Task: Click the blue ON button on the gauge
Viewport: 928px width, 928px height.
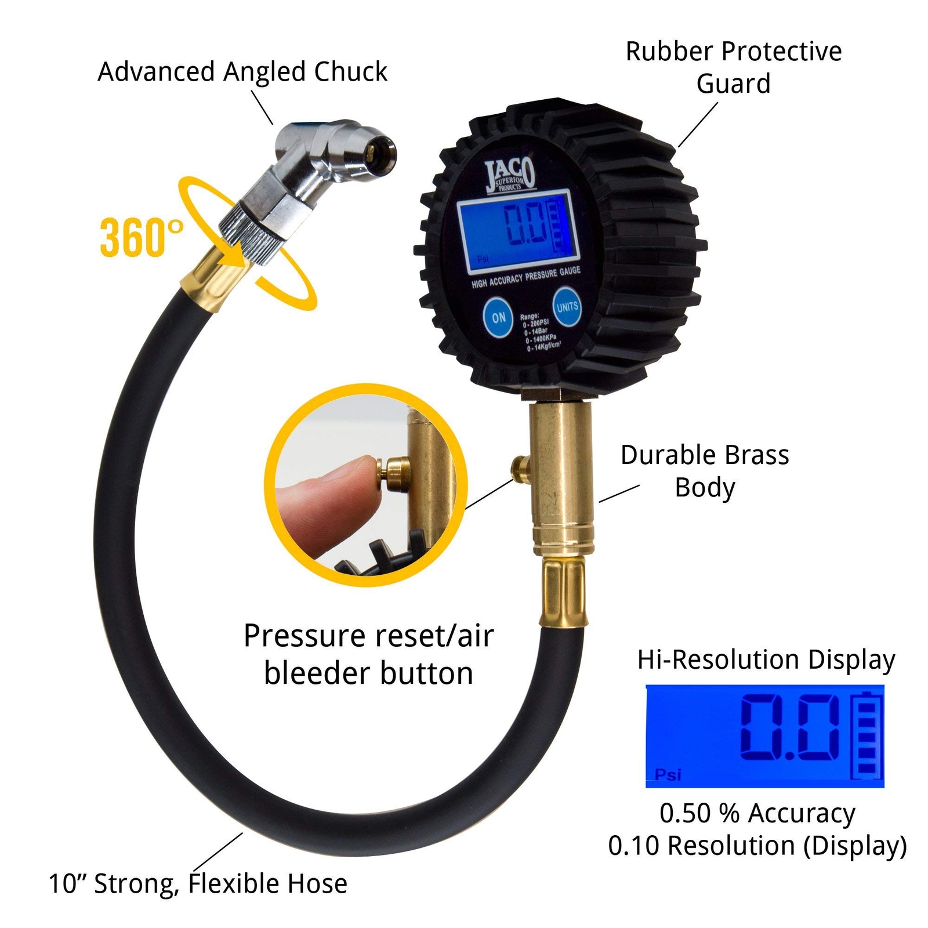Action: coord(498,317)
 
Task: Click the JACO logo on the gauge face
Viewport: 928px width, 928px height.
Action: coord(510,175)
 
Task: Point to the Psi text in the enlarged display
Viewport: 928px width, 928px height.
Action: coord(668,774)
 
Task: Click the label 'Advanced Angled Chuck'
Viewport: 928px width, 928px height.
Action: coord(242,72)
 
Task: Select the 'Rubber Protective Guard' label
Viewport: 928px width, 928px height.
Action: coord(733,67)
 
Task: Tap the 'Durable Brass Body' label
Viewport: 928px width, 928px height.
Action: coord(705,471)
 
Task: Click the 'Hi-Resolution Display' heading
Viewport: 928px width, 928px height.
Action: coord(766,660)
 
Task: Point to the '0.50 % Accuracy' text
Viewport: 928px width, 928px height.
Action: coord(757,813)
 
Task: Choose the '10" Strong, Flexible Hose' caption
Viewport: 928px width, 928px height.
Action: coord(198,883)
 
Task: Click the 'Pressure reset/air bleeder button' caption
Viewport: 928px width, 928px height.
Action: coord(368,654)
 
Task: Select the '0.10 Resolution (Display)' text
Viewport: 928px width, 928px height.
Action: coord(757,846)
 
